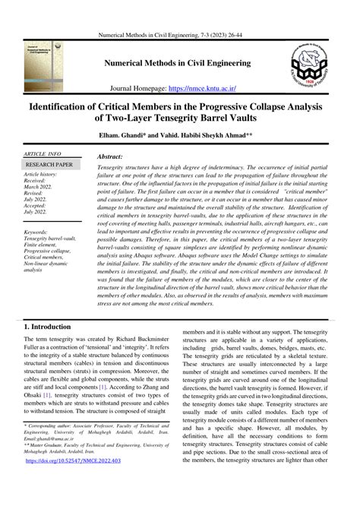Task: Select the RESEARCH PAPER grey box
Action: [x=49, y=164]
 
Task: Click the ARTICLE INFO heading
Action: [x=44, y=153]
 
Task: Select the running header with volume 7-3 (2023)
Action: [x=179, y=13]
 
